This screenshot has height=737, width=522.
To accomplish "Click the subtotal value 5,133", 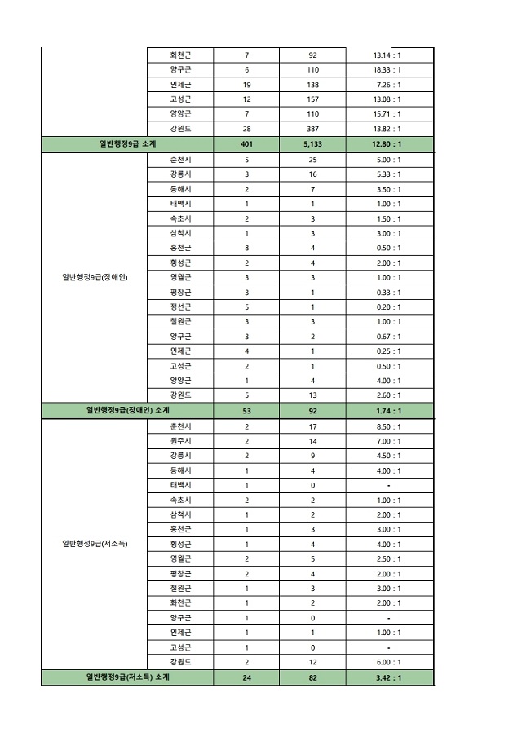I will [312, 144].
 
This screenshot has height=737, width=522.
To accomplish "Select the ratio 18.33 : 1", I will [387, 69].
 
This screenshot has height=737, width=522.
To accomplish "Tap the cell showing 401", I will [246, 144].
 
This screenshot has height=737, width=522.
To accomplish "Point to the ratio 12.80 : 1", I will [387, 144].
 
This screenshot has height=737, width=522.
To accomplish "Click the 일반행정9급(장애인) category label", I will [95, 277].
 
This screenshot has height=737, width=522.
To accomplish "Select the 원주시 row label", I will [180, 440].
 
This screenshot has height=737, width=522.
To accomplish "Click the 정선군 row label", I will [180, 307].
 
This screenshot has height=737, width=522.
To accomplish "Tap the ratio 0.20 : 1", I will [387, 307].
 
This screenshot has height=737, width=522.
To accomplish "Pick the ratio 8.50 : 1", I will [387, 426].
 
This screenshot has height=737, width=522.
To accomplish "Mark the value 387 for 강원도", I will [312, 129].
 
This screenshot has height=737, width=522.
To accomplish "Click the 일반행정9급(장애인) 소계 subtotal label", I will [127, 410].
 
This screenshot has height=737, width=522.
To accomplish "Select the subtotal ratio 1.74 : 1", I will [387, 410].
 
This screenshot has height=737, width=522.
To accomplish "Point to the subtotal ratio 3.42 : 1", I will [387, 677].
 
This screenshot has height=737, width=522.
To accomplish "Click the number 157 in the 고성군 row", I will [312, 99].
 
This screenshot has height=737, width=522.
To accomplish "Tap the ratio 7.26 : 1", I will [387, 84].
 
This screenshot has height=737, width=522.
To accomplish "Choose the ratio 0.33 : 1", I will [387, 292].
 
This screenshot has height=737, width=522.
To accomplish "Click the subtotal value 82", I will [312, 677].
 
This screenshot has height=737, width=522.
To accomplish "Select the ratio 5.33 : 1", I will [387, 174].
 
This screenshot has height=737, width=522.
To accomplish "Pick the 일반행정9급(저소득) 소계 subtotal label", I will [127, 677].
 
